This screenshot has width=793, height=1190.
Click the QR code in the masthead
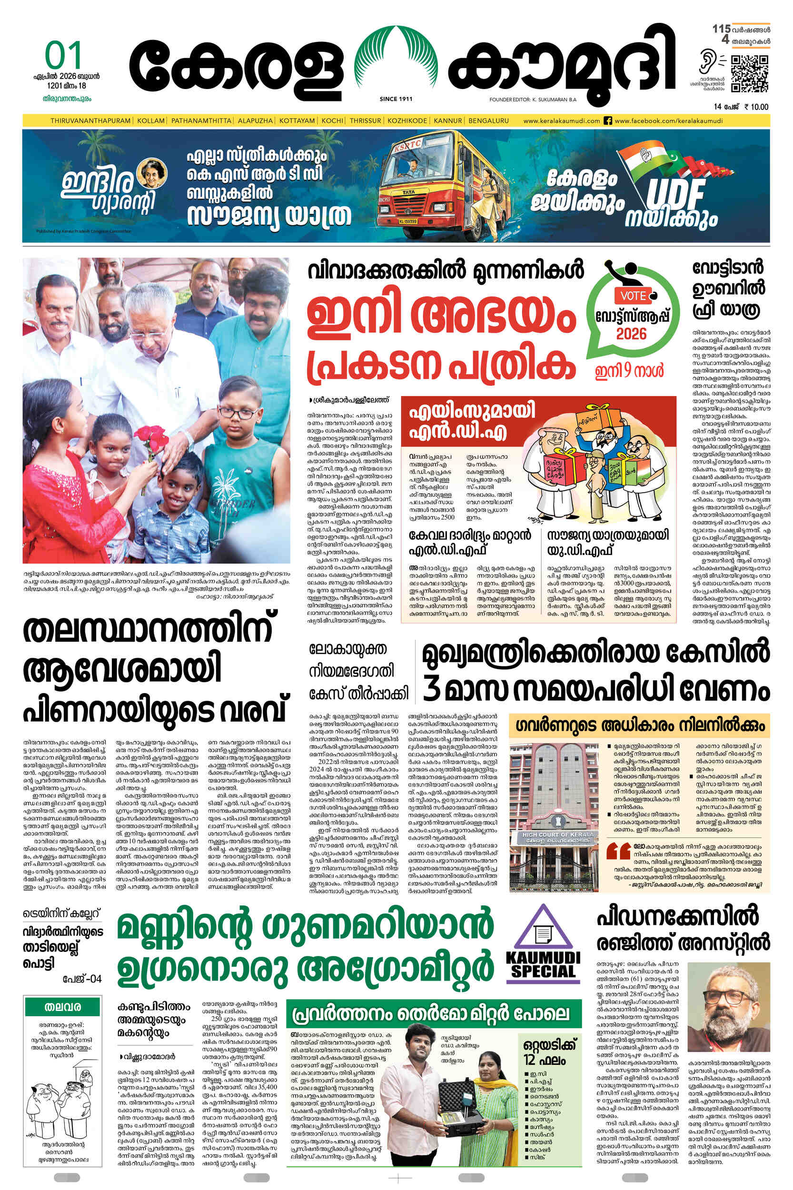750,73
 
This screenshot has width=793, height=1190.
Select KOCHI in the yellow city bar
332,121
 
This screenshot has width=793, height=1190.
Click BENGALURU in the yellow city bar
488,121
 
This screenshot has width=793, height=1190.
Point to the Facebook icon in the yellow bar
608,121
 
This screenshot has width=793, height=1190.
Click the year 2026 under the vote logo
631,334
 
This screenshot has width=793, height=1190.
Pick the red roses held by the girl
151,436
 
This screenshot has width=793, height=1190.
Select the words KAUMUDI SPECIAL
543,964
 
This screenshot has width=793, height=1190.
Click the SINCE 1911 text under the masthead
396,99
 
